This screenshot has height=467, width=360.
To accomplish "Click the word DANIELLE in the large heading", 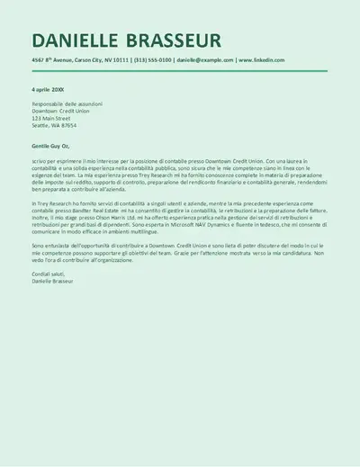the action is point(76,40).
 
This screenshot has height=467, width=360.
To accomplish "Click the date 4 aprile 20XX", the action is point(49,90).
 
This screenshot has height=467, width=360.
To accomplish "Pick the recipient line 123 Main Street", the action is point(50,118).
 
